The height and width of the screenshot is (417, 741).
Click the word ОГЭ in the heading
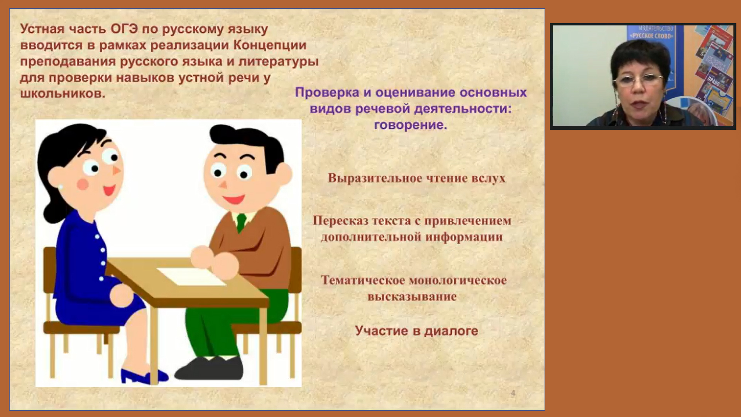click(124, 29)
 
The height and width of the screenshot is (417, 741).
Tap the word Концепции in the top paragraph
click(270, 46)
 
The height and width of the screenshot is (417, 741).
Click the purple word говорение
click(410, 125)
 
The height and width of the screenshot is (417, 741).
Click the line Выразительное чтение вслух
click(416, 178)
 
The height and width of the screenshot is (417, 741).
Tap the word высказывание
click(412, 297)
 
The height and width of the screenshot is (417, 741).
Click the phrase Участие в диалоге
click(416, 331)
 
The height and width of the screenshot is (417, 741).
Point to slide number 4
click(513, 393)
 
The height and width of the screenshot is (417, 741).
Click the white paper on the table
click(192, 276)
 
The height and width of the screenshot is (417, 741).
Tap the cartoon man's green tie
click(241, 223)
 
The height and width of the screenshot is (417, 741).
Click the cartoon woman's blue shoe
click(143, 376)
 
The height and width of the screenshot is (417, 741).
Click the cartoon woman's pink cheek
click(83, 184)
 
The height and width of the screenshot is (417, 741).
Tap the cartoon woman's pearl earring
click(61, 188)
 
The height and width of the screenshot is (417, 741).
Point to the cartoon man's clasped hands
click(214, 261)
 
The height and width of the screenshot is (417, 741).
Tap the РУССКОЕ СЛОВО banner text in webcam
click(652, 36)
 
